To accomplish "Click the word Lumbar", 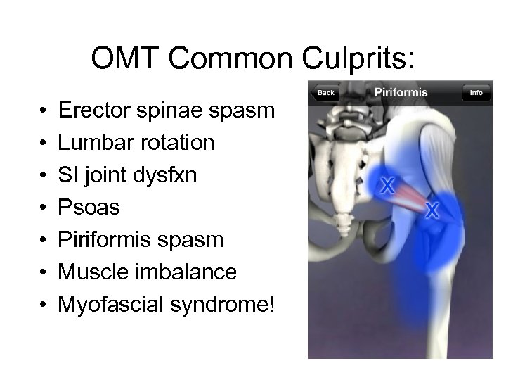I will (x=90, y=143).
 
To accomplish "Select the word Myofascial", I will (x=108, y=305).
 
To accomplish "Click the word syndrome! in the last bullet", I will (x=221, y=305).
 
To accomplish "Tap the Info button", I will (x=476, y=93).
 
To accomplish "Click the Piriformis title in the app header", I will (x=401, y=92).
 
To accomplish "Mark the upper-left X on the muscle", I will (x=387, y=186).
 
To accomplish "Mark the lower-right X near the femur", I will (x=432, y=210).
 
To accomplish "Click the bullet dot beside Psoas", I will (x=42, y=208).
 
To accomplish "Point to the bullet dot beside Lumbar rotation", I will (x=42, y=144).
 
